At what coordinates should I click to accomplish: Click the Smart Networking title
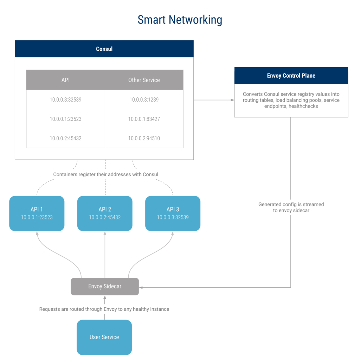(180, 20)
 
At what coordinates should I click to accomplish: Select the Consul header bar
(104, 49)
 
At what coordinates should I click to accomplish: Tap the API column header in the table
(65, 80)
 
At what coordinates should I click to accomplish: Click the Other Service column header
(144, 80)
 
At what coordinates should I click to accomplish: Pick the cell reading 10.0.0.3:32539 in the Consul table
(65, 99)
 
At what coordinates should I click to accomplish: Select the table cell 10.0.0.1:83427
(144, 119)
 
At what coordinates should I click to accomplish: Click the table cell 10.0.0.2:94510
(144, 138)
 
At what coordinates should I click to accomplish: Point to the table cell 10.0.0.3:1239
(144, 99)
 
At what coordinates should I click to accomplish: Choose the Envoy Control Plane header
(291, 76)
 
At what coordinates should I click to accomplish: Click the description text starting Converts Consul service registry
(291, 100)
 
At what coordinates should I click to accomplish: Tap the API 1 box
(37, 213)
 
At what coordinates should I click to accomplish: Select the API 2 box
(105, 213)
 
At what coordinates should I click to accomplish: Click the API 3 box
(173, 213)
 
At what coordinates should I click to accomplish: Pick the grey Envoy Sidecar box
(105, 287)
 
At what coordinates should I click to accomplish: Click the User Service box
(104, 337)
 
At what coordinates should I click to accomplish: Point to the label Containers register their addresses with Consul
(105, 174)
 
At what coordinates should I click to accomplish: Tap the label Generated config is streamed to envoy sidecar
(291, 207)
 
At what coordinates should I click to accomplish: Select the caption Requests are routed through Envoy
(104, 309)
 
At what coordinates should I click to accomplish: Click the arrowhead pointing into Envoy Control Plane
(232, 100)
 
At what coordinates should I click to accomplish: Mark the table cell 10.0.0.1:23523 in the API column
(65, 119)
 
